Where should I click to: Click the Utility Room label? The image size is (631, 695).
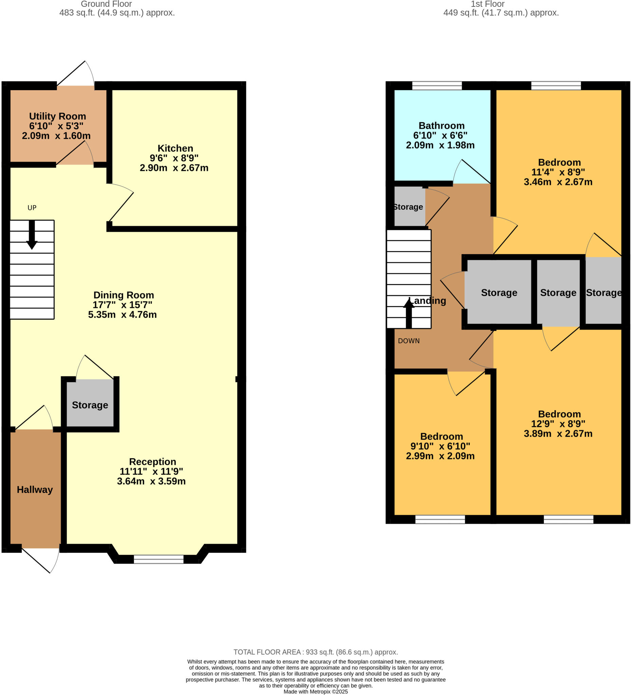57,116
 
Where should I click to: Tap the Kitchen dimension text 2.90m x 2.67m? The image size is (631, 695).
174,168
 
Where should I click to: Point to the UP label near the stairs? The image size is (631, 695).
32,208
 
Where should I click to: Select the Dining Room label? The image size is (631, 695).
124,295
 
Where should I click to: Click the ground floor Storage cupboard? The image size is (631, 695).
90,405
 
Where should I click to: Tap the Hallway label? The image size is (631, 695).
35,490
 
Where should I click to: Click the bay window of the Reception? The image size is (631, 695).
158,559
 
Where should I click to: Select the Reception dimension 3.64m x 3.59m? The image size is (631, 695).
151,481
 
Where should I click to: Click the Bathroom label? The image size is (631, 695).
441,126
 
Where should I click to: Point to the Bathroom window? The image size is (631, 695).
437,86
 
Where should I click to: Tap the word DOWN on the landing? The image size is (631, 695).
409,341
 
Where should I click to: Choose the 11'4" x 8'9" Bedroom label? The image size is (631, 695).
559,162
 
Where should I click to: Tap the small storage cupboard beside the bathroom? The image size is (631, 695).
409,207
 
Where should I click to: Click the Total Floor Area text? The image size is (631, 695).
316,652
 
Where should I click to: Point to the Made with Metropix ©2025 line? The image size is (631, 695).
316,692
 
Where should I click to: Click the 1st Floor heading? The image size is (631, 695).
487,4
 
